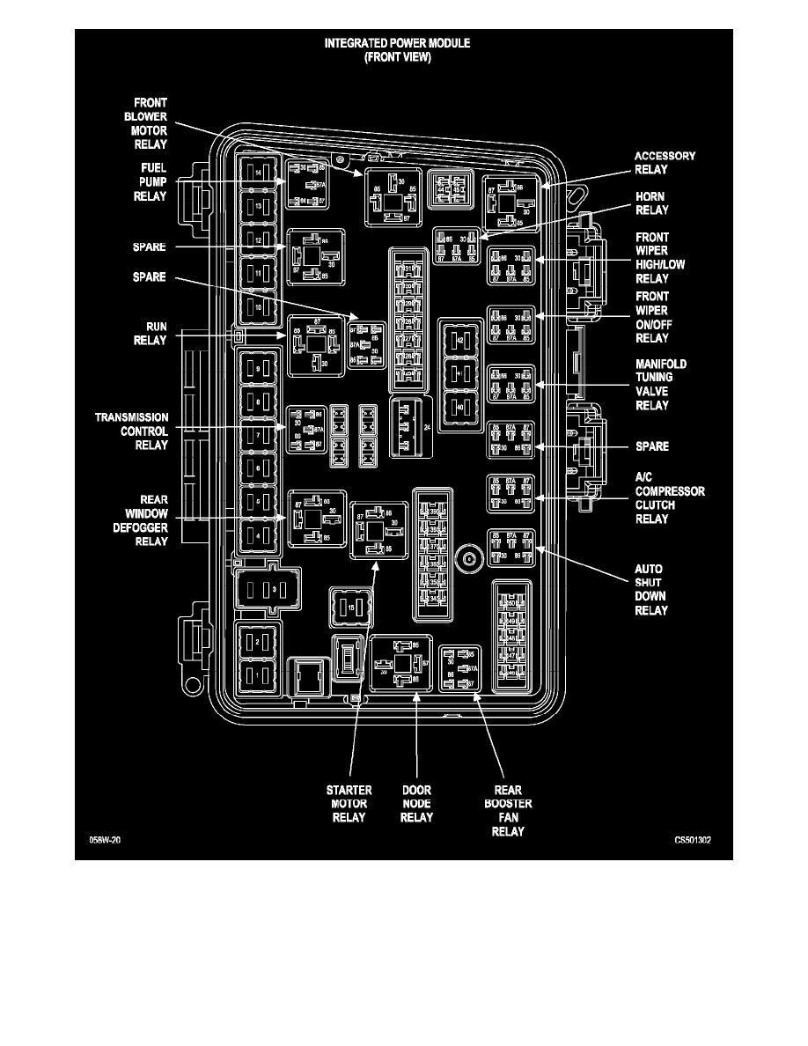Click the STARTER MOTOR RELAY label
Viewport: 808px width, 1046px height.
tap(349, 803)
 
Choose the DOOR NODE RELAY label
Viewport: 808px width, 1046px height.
tap(416, 803)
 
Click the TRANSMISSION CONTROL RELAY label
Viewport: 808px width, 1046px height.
tap(131, 431)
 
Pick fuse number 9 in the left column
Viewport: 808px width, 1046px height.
tap(257, 368)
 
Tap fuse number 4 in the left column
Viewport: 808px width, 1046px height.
tap(257, 534)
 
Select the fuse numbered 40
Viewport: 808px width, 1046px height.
tap(460, 407)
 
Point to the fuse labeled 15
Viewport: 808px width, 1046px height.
tap(350, 608)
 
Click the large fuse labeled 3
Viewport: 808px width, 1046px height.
tap(268, 589)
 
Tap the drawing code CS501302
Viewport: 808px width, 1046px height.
tap(687, 840)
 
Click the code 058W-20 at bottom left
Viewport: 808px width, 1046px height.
tap(104, 840)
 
